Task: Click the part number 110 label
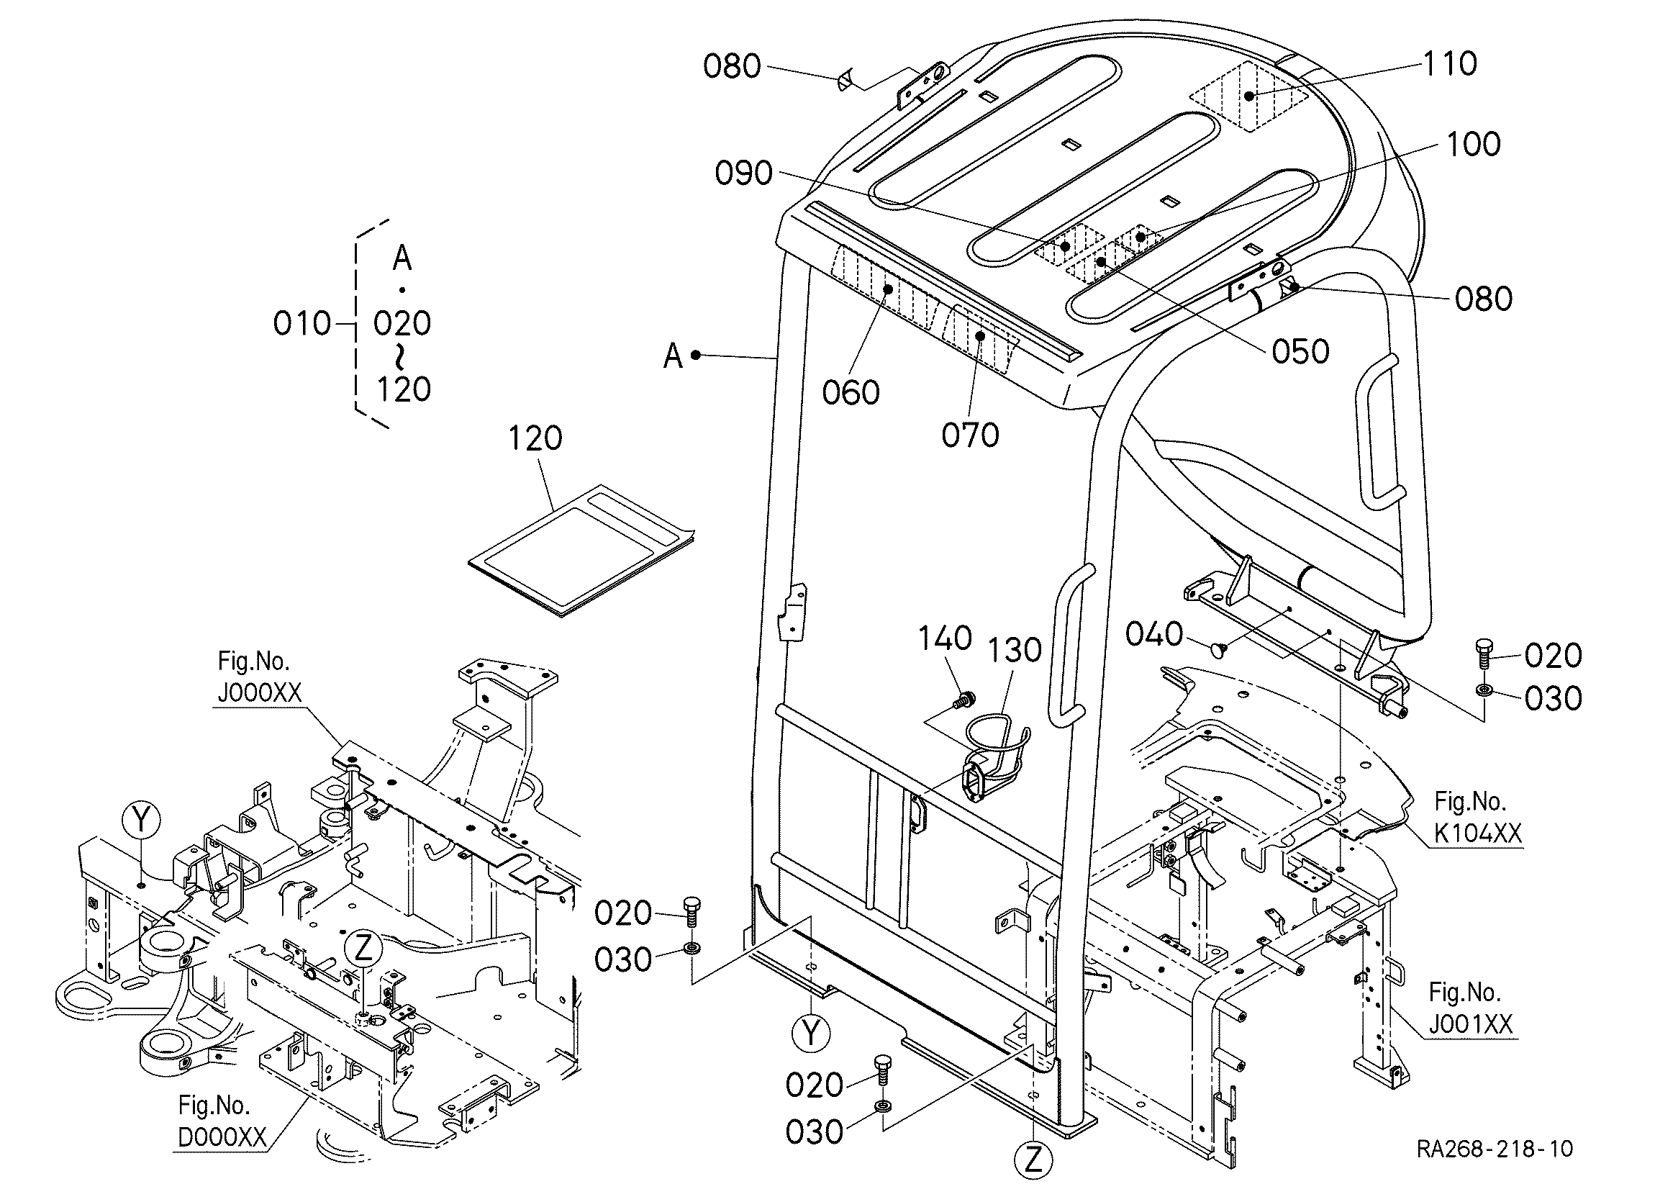tap(1450, 64)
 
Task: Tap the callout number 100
tap(1472, 145)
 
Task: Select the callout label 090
tap(743, 173)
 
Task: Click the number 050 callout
tap(1300, 353)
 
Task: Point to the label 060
tap(850, 394)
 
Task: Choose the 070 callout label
tap(970, 435)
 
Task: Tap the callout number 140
tap(944, 638)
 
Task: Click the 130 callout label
tap(1015, 650)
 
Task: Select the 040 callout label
tap(1153, 634)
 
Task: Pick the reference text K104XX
tap(1478, 833)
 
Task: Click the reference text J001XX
tap(1470, 1024)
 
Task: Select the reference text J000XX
tap(259, 692)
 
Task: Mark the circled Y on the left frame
tap(142, 821)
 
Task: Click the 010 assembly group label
tap(301, 323)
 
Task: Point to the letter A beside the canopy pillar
tap(672, 357)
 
